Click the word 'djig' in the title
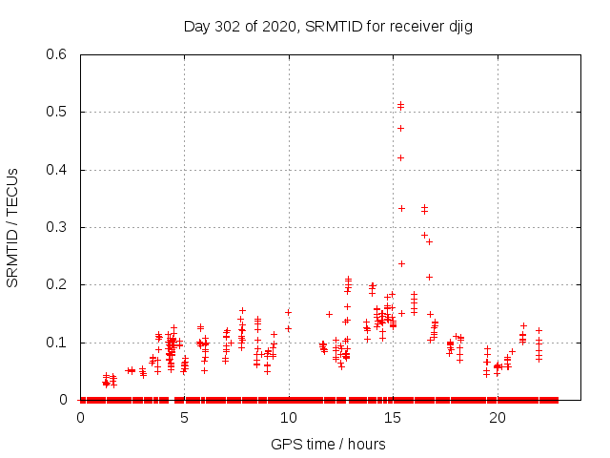click(x=458, y=26)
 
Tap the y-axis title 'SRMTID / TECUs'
click(x=13, y=227)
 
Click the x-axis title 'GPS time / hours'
click(x=329, y=444)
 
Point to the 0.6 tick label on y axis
click(x=54, y=55)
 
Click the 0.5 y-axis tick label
click(x=54, y=113)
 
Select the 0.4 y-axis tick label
click(x=54, y=170)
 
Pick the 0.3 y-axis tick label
click(x=54, y=227)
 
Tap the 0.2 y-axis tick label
click(x=54, y=285)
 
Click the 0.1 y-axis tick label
click(x=54, y=343)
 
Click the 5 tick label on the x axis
click(x=184, y=418)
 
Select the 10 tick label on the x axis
click(x=288, y=418)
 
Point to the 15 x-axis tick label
click(x=393, y=418)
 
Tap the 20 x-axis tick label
click(x=497, y=418)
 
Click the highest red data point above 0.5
click(x=401, y=104)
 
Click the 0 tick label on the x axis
click(x=80, y=418)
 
